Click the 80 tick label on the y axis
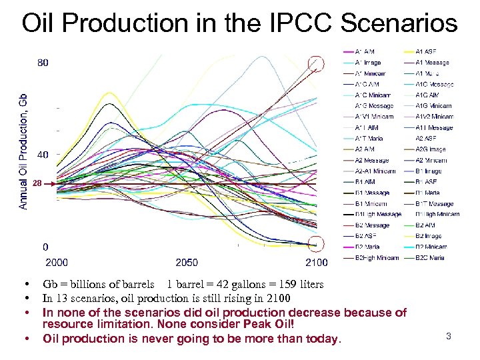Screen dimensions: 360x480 [42, 63]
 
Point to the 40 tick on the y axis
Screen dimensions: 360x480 [41, 155]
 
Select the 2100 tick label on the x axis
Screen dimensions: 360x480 [316, 262]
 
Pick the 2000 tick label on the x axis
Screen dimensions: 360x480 [55, 262]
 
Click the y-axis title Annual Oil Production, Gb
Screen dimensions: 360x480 [23, 150]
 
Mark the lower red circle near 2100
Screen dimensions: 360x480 [317, 243]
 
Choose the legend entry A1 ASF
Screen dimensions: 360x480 [426, 51]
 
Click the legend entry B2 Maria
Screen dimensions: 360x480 [367, 247]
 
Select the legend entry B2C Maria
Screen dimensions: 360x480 [430, 257]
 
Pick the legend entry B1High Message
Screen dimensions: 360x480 [377, 214]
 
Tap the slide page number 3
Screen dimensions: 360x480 [449, 336]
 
